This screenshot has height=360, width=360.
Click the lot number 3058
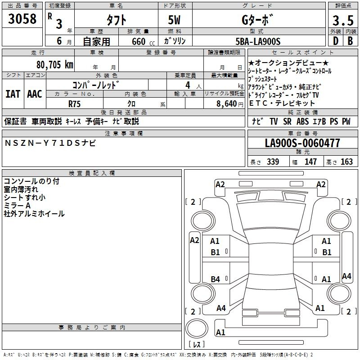(22, 18)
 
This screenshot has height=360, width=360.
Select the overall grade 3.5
(343, 20)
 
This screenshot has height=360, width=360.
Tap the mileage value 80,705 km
(54, 65)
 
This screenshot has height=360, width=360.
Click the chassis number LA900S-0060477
(302, 143)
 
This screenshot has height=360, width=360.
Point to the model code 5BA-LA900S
(258, 41)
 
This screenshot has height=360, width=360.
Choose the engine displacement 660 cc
(143, 41)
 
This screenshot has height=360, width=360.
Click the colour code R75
(74, 104)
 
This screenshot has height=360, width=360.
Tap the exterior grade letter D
(336, 41)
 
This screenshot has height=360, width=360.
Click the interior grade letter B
(350, 41)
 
